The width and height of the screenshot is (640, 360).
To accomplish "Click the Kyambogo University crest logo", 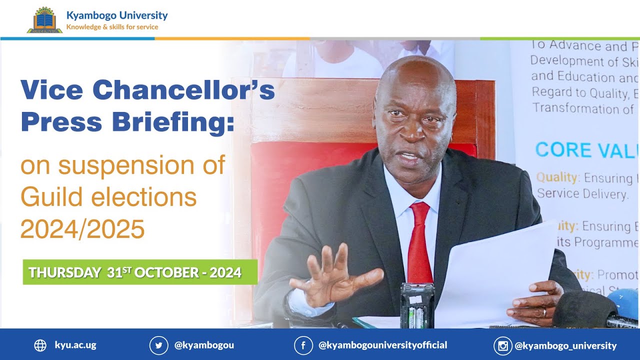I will [x=44, y=20].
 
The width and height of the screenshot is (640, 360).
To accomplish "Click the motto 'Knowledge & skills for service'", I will [x=112, y=27].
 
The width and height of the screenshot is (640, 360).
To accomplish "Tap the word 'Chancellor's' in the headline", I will [x=183, y=90].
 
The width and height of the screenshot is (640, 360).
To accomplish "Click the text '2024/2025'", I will [x=82, y=228].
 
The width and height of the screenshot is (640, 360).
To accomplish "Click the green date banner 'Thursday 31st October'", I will [x=139, y=272].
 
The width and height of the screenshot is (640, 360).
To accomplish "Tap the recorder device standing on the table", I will [x=417, y=305].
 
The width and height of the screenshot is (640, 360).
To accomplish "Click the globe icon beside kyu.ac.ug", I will [x=40, y=345].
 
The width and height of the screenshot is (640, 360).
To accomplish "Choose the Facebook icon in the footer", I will [x=302, y=345].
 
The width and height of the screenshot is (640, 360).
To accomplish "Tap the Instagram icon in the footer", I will [x=502, y=345].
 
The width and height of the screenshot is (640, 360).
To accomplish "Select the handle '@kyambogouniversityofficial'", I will [x=382, y=345].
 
